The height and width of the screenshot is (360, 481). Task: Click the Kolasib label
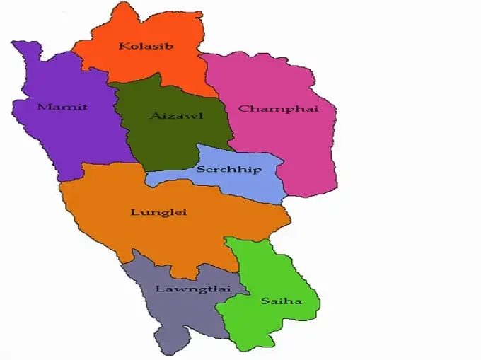146,47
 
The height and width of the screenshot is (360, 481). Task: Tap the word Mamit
63,107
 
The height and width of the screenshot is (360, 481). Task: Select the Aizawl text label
176,115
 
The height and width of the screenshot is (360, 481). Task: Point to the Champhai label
278,109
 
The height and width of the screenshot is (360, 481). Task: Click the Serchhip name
228,170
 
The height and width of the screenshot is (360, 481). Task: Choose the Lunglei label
154,212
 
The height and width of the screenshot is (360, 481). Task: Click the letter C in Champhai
243,109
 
